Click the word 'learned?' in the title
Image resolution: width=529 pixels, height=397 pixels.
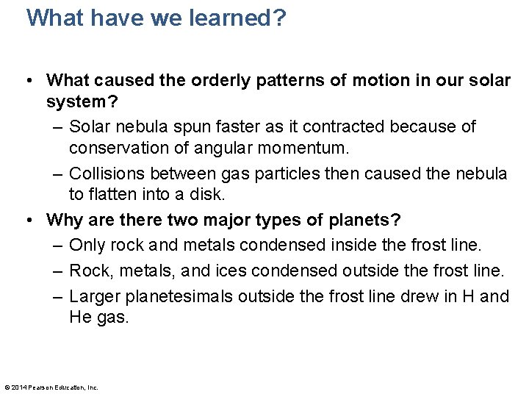click(234, 18)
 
